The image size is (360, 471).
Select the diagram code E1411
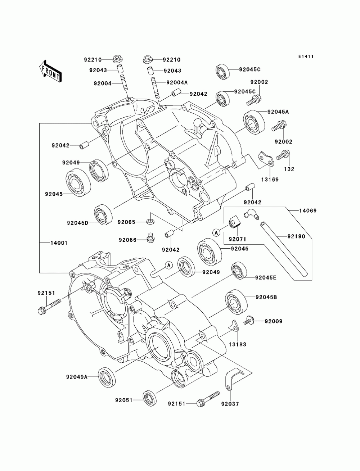click(x=306, y=56)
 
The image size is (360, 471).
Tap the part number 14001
click(x=59, y=243)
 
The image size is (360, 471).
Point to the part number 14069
click(x=308, y=211)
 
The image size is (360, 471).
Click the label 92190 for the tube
click(x=296, y=236)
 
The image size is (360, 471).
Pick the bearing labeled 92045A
click(x=254, y=122)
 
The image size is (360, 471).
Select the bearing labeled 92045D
click(x=104, y=215)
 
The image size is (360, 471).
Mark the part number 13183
click(x=237, y=344)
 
